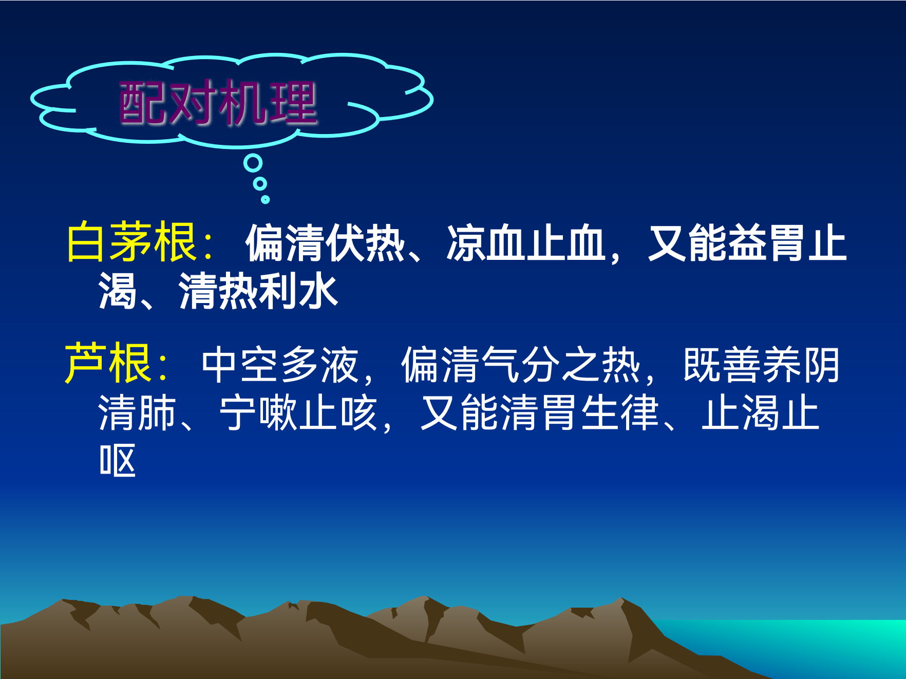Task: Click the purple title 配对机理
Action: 218,103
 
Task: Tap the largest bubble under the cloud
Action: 253,163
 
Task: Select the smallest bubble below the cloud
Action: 265,199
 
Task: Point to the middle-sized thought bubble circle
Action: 260,184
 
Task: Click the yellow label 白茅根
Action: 131,242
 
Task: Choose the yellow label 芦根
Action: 108,363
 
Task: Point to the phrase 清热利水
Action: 258,291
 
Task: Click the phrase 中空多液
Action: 280,365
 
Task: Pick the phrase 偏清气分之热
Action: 521,365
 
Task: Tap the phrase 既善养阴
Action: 761,365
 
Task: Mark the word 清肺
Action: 137,412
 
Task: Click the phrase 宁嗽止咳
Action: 298,412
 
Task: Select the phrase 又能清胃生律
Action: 540,412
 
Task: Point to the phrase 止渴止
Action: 761,412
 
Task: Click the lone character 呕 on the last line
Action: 118,460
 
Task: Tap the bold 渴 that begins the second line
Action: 118,291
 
